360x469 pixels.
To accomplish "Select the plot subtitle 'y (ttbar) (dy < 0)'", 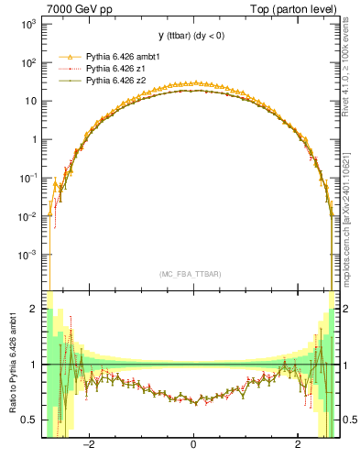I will click(x=192, y=36).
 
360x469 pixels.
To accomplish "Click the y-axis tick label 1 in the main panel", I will click(x=33, y=140).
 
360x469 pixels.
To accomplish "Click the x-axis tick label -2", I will click(x=89, y=446).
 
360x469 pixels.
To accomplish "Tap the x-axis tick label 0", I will click(x=193, y=446).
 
